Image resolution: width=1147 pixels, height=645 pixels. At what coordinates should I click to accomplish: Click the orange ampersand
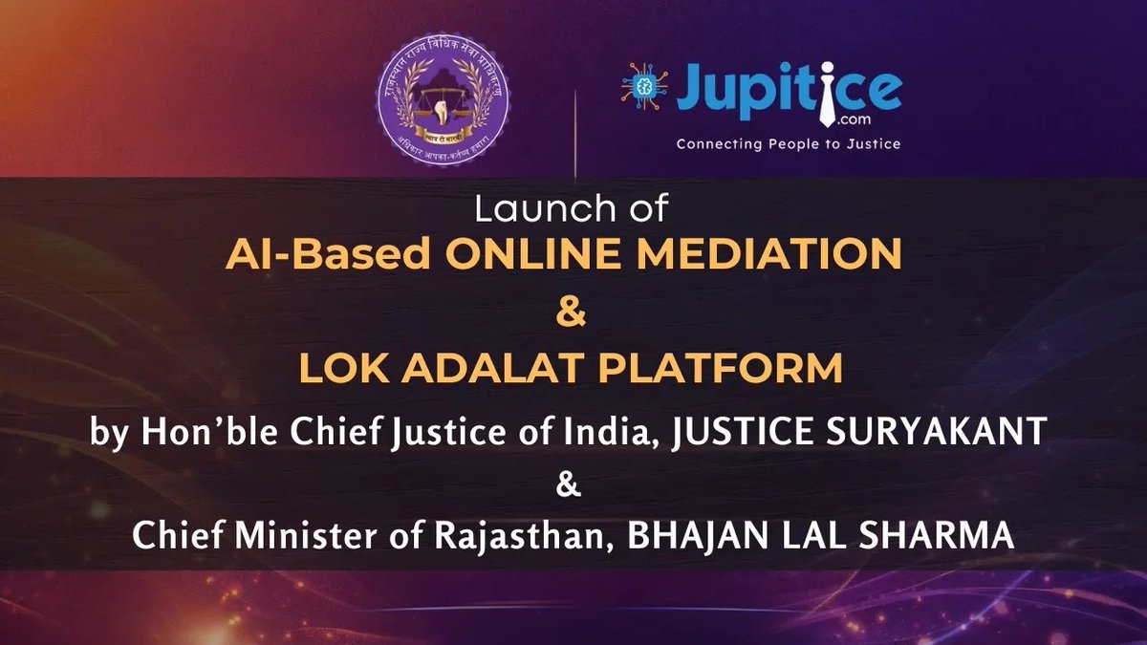point(573,314)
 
